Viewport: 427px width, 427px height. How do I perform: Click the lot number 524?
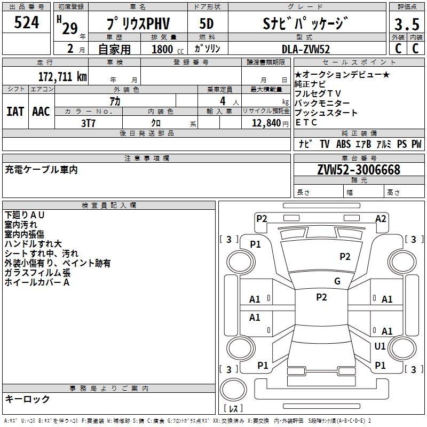tap(26, 22)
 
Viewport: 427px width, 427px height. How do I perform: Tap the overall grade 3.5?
tap(407, 24)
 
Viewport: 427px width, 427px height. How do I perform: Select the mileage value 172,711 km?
tap(62, 76)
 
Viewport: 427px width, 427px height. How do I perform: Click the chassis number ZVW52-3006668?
tap(359, 170)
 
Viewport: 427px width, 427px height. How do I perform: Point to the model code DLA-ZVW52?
tap(306, 49)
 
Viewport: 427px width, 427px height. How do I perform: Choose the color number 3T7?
tap(88, 123)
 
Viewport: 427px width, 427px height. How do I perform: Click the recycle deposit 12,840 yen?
tap(270, 123)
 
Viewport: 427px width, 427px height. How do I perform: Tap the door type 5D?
tap(207, 23)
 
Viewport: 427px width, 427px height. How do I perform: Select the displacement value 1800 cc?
tap(168, 49)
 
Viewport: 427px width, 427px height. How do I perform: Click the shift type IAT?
tap(15, 112)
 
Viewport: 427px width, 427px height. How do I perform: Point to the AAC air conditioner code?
tap(41, 112)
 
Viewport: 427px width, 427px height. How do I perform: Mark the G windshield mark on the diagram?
tap(337, 281)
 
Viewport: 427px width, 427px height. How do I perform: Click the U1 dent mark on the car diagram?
tap(380, 346)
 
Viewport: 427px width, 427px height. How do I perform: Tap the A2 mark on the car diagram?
tap(381, 219)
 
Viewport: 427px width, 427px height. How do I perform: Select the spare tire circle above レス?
tap(233, 390)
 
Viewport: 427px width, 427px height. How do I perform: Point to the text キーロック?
tap(28, 399)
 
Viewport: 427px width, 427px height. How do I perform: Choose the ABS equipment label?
tap(343, 144)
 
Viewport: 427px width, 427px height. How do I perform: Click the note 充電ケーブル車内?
tap(42, 170)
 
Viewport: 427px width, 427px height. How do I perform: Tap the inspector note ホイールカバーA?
tap(37, 282)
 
